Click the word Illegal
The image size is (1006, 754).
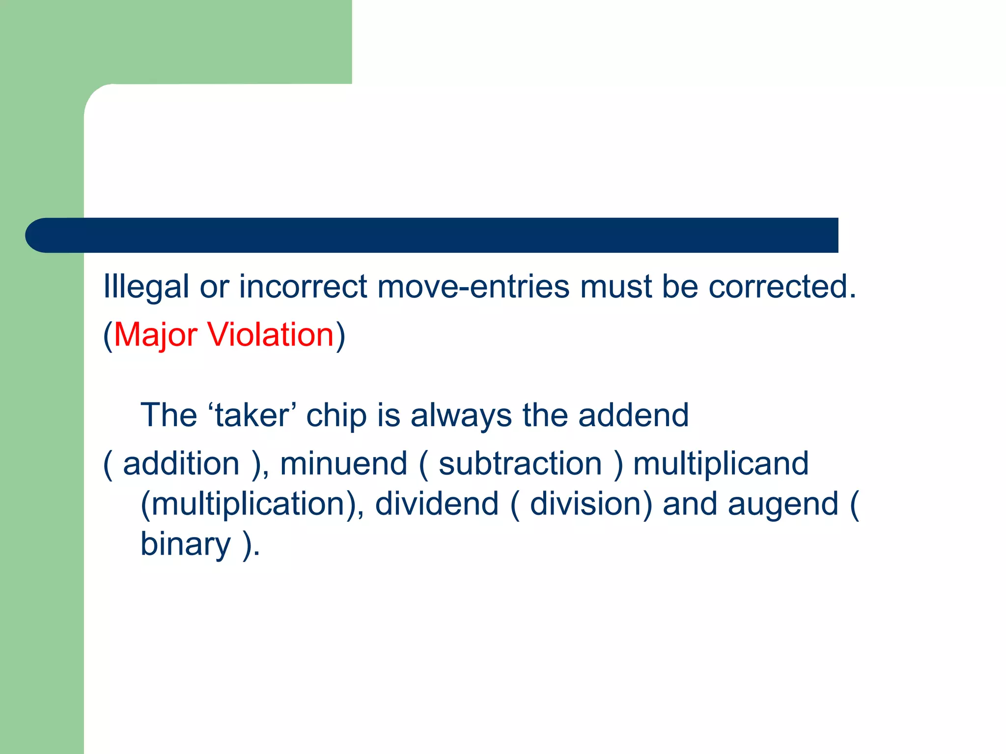click(x=146, y=287)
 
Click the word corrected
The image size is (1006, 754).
click(x=782, y=286)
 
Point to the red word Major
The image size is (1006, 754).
click(x=155, y=335)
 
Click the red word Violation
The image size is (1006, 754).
click(x=271, y=335)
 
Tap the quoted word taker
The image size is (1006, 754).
click(x=252, y=416)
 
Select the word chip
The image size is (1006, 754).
click(x=336, y=416)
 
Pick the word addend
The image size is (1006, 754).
click(x=633, y=416)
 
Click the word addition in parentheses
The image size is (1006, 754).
click(x=181, y=464)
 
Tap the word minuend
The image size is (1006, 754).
click(x=343, y=464)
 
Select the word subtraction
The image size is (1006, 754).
click(x=520, y=464)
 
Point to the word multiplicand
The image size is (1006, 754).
click(x=721, y=464)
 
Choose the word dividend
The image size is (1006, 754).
click(x=437, y=504)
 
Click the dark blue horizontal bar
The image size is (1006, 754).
click(x=432, y=235)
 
